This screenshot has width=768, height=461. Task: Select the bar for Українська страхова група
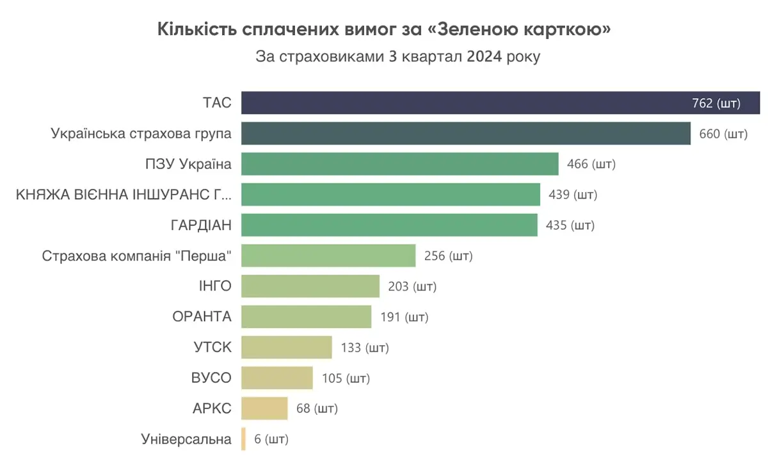[x=465, y=133]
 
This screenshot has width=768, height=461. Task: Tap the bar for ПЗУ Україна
[x=399, y=164]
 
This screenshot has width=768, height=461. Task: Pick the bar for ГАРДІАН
[x=389, y=225]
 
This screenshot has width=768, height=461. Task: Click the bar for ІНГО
[x=310, y=286]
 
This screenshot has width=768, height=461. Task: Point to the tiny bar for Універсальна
[x=243, y=439]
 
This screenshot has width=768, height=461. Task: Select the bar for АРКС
[x=264, y=408]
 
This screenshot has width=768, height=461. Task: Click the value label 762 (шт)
[x=716, y=104]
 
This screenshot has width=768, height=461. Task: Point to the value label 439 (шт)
[x=573, y=195]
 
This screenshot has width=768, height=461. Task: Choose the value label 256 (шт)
[x=449, y=256]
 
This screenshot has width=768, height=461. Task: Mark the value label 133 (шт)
[x=365, y=348]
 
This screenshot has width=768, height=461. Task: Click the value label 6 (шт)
[x=271, y=440]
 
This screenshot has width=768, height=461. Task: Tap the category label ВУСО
[x=212, y=378]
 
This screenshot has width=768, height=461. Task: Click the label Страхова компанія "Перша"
[x=136, y=256]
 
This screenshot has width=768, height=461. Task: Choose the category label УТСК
[x=212, y=348]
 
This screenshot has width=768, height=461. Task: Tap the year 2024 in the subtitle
[x=484, y=56]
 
